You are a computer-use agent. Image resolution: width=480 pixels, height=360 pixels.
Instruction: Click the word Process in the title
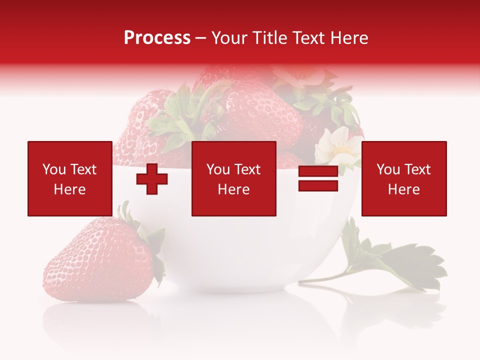click(x=157, y=38)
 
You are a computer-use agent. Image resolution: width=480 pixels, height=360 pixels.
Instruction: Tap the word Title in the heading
click(x=268, y=38)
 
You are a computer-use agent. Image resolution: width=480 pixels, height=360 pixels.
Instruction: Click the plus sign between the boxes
click(x=152, y=179)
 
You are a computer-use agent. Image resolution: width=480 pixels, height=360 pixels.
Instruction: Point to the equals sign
click(x=318, y=179)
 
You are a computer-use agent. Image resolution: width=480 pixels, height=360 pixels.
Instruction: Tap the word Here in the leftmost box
click(x=69, y=189)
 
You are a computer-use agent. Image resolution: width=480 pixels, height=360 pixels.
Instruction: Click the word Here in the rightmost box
click(x=403, y=189)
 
